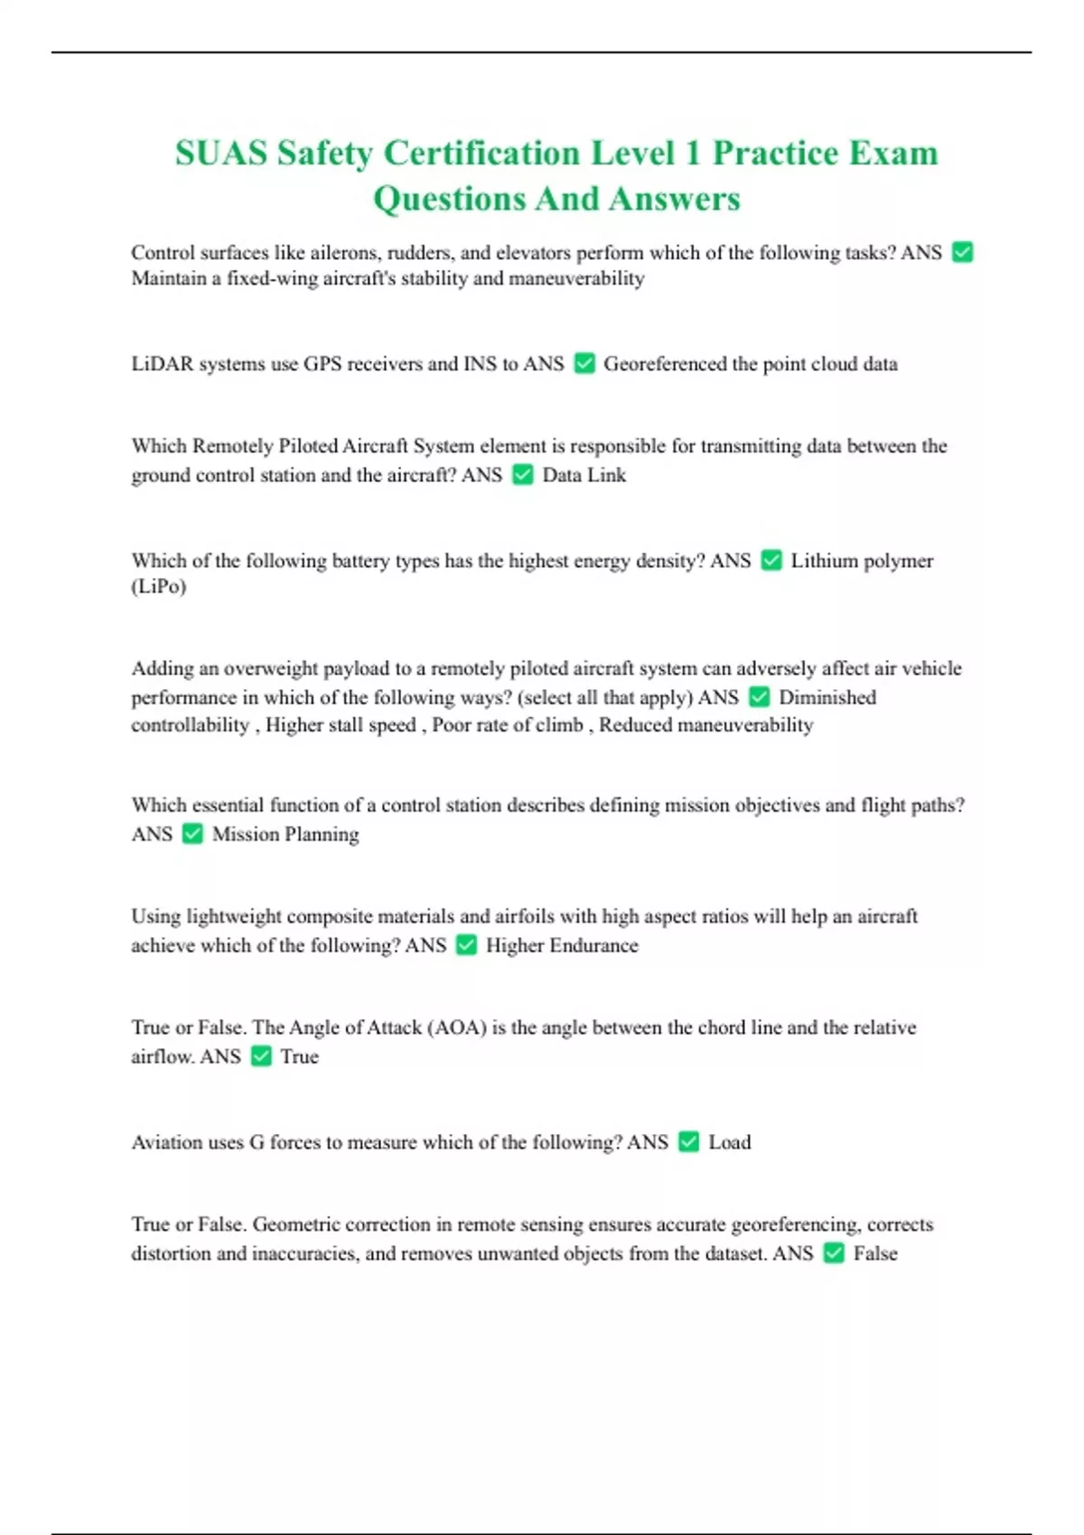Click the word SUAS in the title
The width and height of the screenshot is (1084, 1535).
(x=220, y=153)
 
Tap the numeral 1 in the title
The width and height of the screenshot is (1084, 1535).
(x=693, y=153)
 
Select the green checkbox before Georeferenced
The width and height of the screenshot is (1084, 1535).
(x=584, y=363)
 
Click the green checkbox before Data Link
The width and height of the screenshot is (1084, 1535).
(x=523, y=474)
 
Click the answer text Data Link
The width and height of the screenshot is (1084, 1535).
(x=584, y=475)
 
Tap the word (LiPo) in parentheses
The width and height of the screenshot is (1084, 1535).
(x=159, y=587)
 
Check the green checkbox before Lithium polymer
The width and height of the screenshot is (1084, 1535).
(x=771, y=560)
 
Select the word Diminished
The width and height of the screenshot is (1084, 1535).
(x=827, y=697)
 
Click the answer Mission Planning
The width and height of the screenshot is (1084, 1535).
(x=285, y=834)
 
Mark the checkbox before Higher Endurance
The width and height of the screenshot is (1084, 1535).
(x=466, y=944)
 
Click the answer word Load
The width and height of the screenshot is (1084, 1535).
(x=729, y=1142)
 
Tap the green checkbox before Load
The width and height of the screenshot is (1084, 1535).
(x=688, y=1141)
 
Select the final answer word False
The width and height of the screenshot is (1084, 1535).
(x=875, y=1253)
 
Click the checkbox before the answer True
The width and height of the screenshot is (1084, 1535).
(x=261, y=1056)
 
